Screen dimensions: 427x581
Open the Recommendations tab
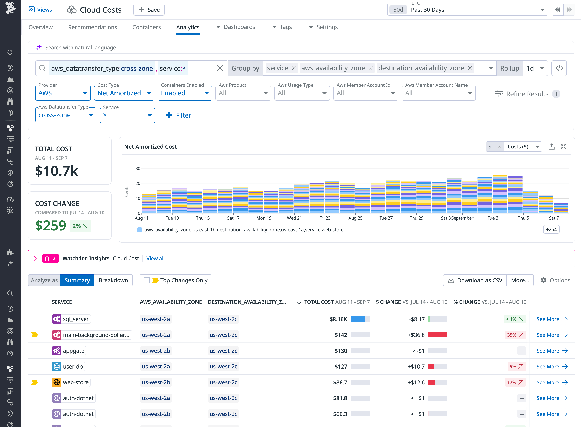coord(92,27)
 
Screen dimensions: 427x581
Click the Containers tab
coord(147,27)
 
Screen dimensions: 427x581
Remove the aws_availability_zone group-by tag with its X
coord(370,68)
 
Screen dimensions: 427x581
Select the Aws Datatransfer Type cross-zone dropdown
coord(66,115)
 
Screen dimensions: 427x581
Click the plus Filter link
coord(178,115)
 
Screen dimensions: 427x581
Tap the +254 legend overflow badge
coord(551,229)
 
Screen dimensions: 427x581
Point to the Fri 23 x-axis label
coord(325,218)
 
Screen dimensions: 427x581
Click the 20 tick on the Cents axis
coord(138,184)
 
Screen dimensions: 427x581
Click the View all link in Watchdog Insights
coord(155,259)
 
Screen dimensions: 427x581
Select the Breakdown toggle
coord(113,280)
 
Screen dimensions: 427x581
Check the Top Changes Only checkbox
coord(147,280)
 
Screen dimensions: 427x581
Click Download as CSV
coord(475,280)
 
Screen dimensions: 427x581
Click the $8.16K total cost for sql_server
coord(338,319)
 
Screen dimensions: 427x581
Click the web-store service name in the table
coord(76,382)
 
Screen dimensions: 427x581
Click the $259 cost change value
coord(51,225)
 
